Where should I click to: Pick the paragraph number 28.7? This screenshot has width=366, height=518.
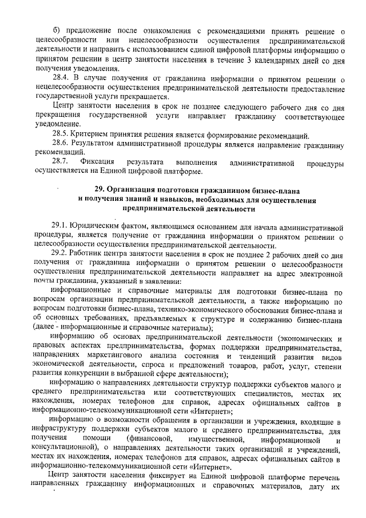(59, 162)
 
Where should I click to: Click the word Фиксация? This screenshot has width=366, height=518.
(97, 162)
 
